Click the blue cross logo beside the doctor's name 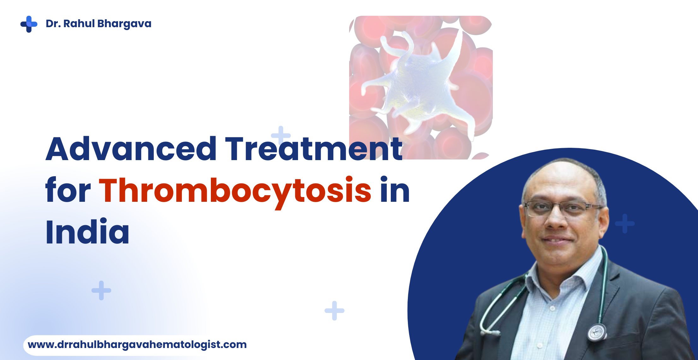tap(29, 24)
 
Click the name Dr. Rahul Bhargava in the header tap(98, 24)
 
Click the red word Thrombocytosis tap(235, 191)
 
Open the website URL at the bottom tap(137, 345)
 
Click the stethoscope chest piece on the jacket tap(596, 332)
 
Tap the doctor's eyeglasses tap(562, 208)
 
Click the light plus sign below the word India tap(101, 290)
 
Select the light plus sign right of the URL tap(334, 310)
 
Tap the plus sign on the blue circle tap(625, 224)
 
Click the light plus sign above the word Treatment tap(281, 135)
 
